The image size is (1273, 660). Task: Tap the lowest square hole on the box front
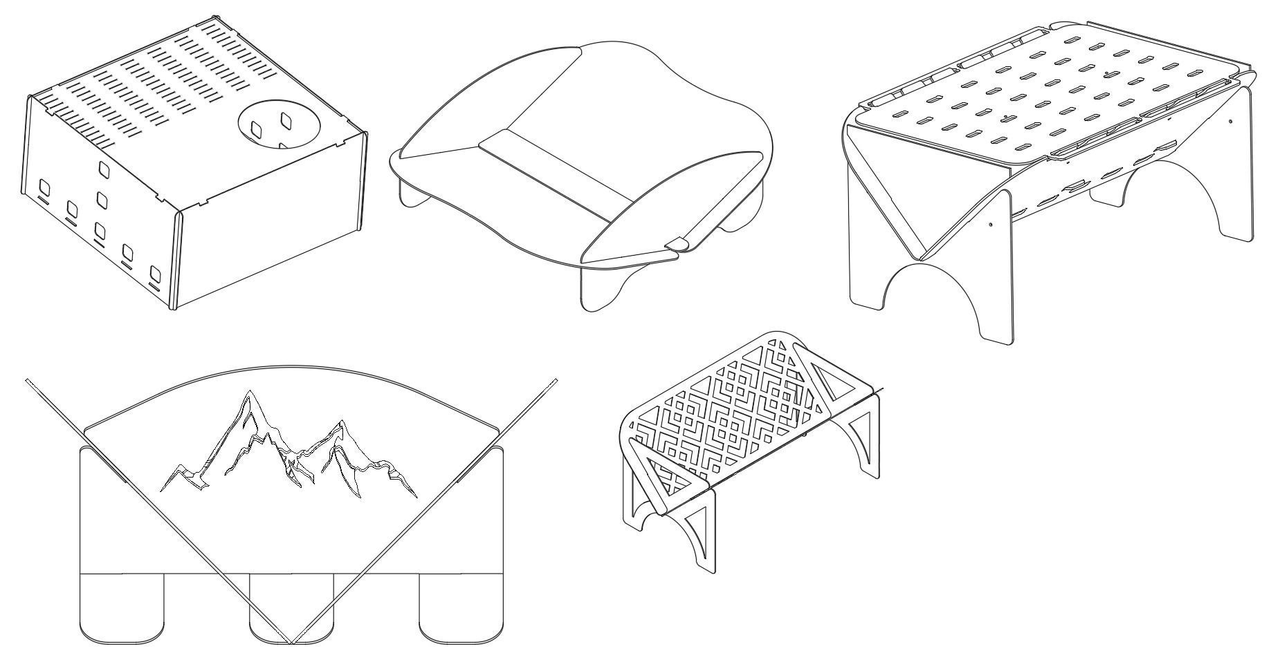pyautogui.click(x=155, y=276)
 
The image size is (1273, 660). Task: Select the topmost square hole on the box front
pyautogui.click(x=103, y=168)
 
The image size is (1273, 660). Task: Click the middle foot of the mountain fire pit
pyautogui.click(x=291, y=608)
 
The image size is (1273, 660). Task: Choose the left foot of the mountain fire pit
pyautogui.click(x=122, y=608)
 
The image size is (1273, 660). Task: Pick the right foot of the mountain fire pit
pyautogui.click(x=461, y=608)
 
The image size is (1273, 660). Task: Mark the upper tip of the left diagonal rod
pyautogui.click(x=28, y=380)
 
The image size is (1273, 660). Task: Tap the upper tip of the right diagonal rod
pyautogui.click(x=556, y=380)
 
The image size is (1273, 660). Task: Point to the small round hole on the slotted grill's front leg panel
pyautogui.click(x=991, y=224)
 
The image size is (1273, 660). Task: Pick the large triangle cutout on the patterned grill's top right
pyautogui.click(x=830, y=387)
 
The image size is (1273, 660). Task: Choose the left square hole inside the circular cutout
pyautogui.click(x=256, y=129)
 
